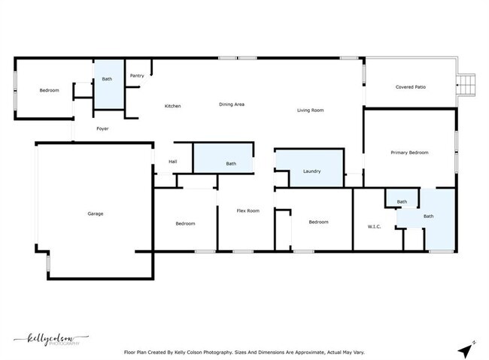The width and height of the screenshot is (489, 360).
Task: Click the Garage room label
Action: coord(96,213)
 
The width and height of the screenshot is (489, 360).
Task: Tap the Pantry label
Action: coord(137,75)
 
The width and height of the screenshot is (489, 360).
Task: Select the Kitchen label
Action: coord(173,106)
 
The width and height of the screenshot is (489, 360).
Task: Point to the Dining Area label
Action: coord(232,104)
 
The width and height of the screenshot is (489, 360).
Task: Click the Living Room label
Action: coord(310,110)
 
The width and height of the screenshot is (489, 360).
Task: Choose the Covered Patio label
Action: coord(411,87)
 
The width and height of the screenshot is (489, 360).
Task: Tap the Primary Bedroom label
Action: coord(409,153)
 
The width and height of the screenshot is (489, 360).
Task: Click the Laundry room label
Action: coord(312,171)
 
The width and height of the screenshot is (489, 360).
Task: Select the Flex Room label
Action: coord(248,210)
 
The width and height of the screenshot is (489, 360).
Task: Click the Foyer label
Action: coord(102,129)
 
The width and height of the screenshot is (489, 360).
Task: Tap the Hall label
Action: coord(173,162)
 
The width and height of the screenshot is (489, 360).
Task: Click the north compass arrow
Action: coord(468,349)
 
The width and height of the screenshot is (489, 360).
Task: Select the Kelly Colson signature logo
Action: coord(47,339)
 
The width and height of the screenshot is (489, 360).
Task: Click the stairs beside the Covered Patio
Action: coord(468,83)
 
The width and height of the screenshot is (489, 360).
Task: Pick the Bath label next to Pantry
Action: coord(107,79)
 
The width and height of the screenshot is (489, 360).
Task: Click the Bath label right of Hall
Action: coord(231,164)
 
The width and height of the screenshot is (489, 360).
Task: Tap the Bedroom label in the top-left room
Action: coord(49,90)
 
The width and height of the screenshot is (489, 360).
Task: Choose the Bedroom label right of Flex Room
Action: coord(318,222)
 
